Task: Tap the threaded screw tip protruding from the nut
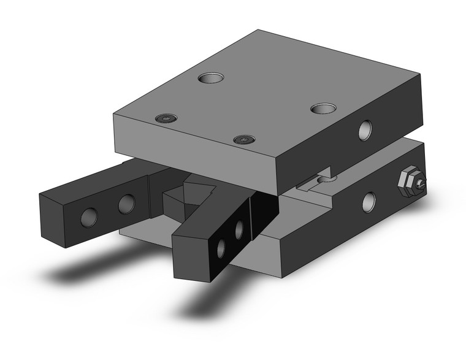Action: pyautogui.click(x=421, y=183)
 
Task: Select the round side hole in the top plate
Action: pyautogui.click(x=365, y=129)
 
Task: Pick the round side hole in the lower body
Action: pyautogui.click(x=369, y=202)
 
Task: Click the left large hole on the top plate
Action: pyautogui.click(x=211, y=78)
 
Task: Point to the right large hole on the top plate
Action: pyautogui.click(x=323, y=109)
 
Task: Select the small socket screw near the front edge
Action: pyautogui.click(x=245, y=139)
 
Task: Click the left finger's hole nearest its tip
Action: pyautogui.click(x=89, y=215)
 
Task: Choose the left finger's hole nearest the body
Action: pyautogui.click(x=126, y=202)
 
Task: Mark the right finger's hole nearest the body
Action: pyautogui.click(x=239, y=229)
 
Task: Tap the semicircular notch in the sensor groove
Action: pyautogui.click(x=326, y=178)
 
